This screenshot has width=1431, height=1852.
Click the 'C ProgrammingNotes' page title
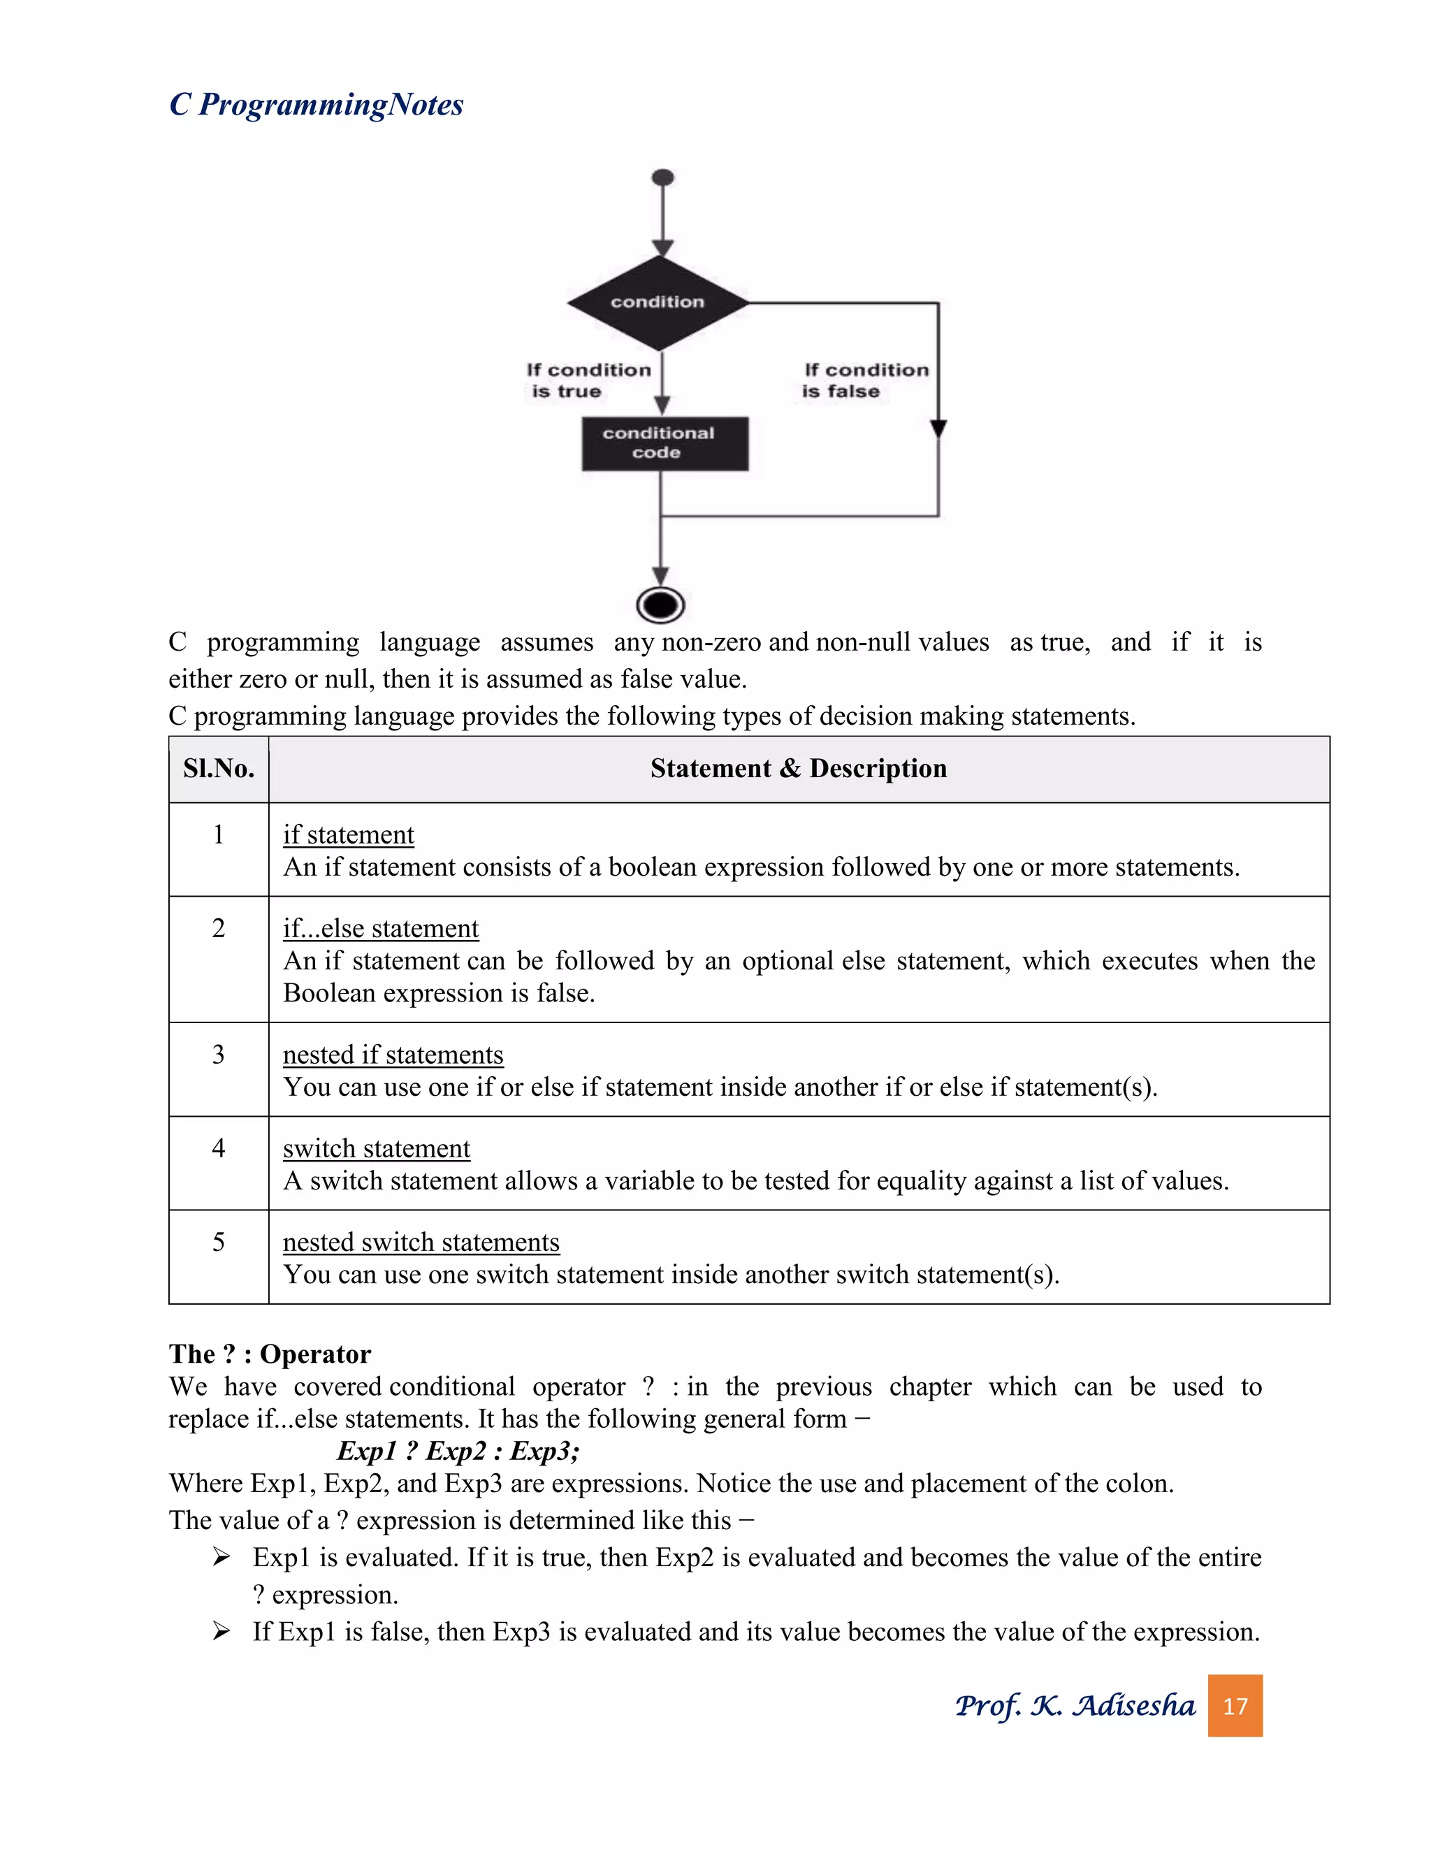[x=317, y=104]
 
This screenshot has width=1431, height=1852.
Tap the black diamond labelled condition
[x=658, y=302]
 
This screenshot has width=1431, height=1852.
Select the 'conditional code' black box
[x=664, y=442]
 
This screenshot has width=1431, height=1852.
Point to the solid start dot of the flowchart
[x=663, y=178]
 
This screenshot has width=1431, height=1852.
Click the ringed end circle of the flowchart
[x=660, y=605]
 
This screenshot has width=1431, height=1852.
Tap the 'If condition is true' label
[x=588, y=381]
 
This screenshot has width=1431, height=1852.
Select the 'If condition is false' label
[x=865, y=381]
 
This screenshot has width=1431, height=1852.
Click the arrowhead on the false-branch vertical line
[x=938, y=428]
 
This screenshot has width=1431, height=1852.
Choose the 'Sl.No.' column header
[x=219, y=768]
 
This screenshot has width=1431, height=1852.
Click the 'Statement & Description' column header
[x=798, y=768]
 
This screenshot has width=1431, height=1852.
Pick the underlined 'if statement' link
[x=349, y=834]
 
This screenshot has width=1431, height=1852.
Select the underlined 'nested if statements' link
[x=393, y=1054]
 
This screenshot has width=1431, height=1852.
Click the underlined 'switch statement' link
[x=377, y=1148]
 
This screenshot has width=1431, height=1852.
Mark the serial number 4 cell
[x=219, y=1148]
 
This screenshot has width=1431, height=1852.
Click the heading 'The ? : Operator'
[x=270, y=1354]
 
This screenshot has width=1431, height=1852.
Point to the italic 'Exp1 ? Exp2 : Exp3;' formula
[x=458, y=1451]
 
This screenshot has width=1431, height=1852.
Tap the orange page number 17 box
[x=1235, y=1705]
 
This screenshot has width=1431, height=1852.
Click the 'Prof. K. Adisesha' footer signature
[x=1075, y=1705]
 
